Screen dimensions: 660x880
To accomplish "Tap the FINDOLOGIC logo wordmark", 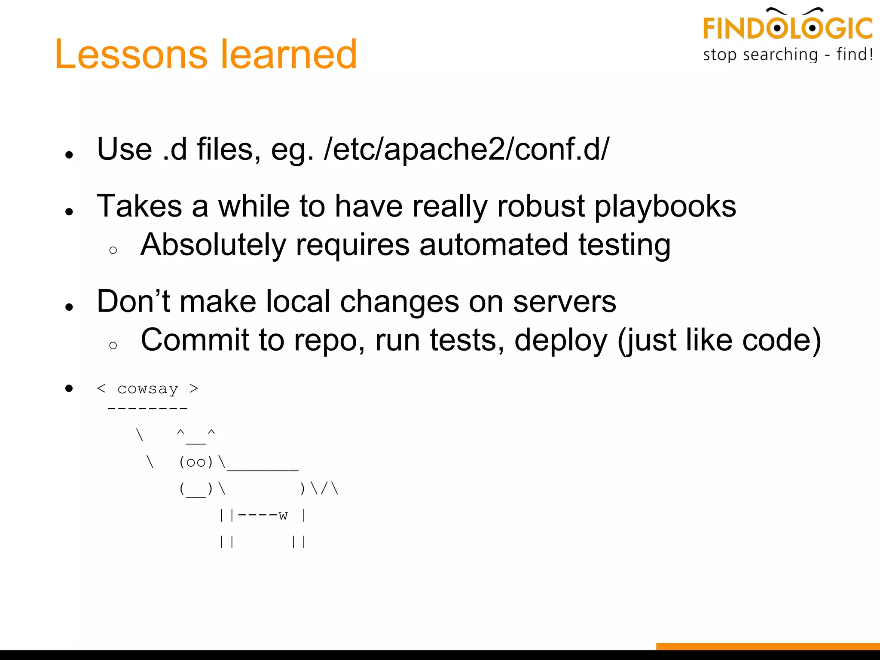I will coord(787,27).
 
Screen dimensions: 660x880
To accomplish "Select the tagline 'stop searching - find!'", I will coord(788,55).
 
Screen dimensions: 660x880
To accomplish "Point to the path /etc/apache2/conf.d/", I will coord(467,150).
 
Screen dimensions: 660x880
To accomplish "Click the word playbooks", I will coord(665,206).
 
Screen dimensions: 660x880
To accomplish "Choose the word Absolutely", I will coord(213,245).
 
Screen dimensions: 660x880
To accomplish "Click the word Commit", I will coord(195,340).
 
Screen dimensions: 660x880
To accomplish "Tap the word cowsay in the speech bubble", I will coord(147,389).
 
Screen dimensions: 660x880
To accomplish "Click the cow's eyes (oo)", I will coord(196,462).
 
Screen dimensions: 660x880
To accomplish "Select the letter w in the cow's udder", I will coord(283,515).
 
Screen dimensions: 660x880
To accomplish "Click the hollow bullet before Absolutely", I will coord(113,251).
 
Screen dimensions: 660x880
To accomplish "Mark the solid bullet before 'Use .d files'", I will coord(69,155).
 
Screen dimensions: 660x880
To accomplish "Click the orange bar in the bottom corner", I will coord(767,646).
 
